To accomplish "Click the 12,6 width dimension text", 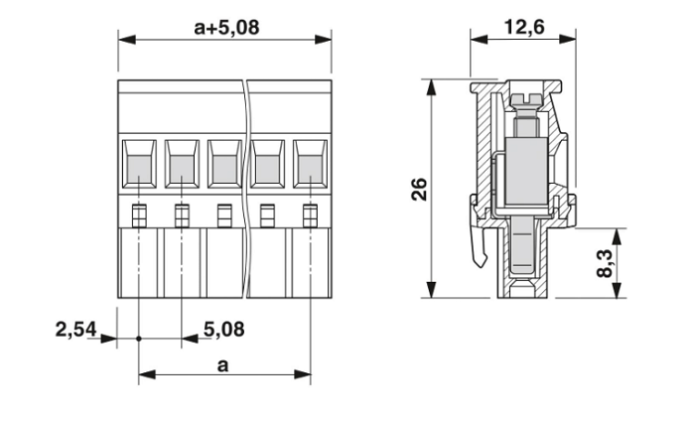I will (x=523, y=27).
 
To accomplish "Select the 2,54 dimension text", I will (x=74, y=328).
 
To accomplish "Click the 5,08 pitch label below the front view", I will (x=223, y=328).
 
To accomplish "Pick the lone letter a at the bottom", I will (x=224, y=365).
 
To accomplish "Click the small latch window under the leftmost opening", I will (x=138, y=211).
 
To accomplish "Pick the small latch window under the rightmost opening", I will (x=310, y=211).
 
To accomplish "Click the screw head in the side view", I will (x=525, y=98).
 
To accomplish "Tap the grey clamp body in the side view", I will (x=524, y=170).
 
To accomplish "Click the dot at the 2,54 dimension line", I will (x=138, y=340).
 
